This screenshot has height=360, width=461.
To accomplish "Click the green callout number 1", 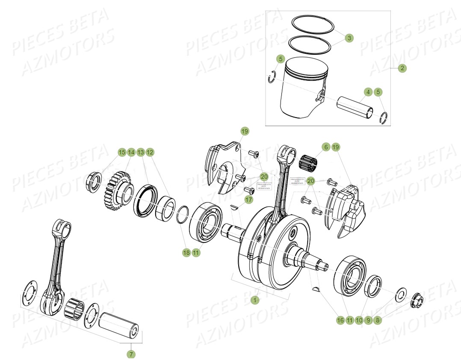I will tap(255, 300).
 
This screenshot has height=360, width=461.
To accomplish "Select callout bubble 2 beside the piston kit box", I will tap(402, 68).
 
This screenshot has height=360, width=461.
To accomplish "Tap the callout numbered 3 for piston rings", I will tap(349, 38).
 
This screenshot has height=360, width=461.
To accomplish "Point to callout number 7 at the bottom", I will tap(131, 354).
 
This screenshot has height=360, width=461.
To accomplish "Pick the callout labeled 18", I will tap(186, 253).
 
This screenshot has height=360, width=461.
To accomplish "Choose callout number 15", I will tap(122, 152).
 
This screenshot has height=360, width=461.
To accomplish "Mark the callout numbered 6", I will tap(326, 147).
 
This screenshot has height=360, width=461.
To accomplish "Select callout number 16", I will tap(340, 320).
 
